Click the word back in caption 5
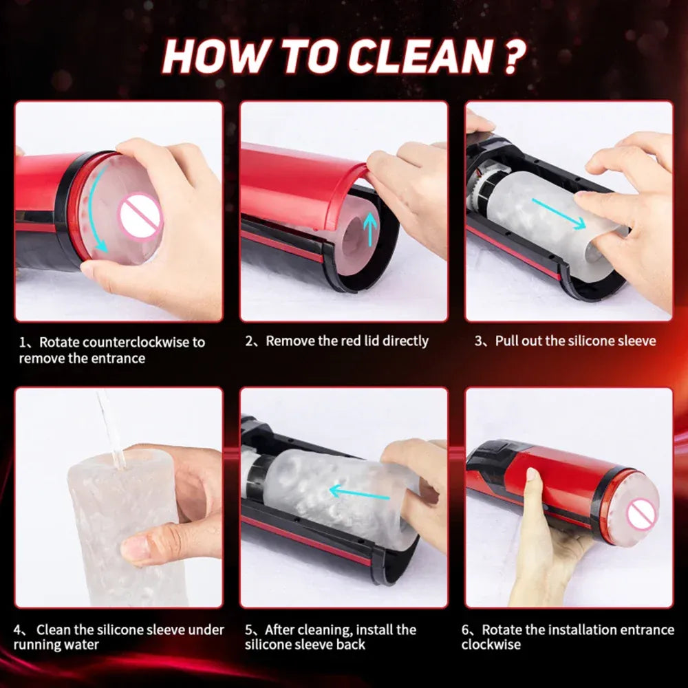click(x=351, y=645)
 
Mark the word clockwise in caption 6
click(x=491, y=645)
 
